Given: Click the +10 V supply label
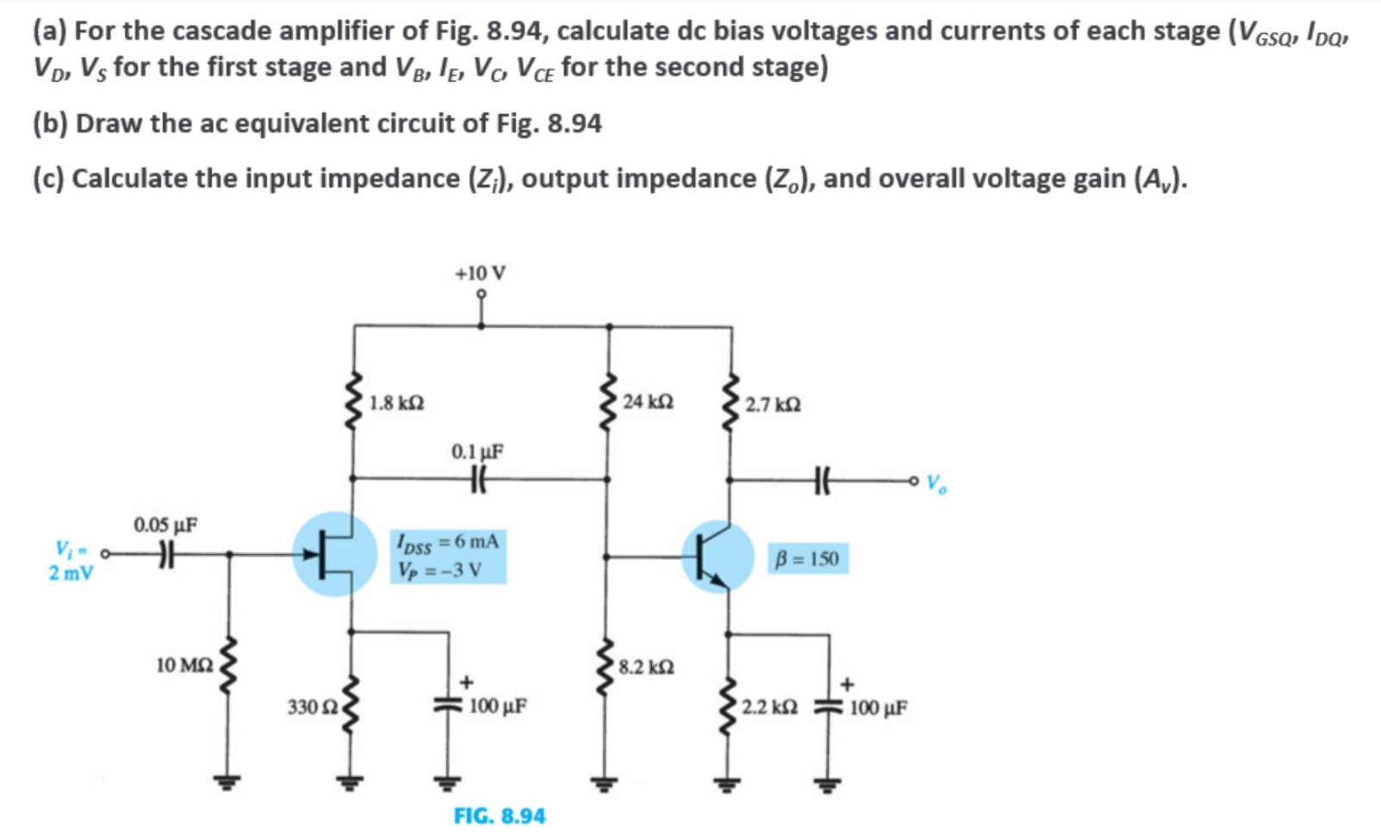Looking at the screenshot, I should (480, 273).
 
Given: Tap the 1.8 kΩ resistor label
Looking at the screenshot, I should (396, 402).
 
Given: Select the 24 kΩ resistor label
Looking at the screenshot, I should (648, 401).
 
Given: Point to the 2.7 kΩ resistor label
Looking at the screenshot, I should (773, 404).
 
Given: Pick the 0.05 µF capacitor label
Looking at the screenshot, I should (165, 525).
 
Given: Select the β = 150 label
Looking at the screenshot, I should (807, 558).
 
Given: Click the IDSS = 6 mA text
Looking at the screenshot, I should (447, 542).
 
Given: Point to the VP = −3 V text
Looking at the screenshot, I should (439, 569).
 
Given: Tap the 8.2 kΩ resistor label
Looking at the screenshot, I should (646, 667).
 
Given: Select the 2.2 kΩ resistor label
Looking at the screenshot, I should (769, 708).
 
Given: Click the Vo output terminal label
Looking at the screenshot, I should (936, 484).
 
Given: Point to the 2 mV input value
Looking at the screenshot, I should (71, 573).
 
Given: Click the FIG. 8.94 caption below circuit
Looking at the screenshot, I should (500, 815).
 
